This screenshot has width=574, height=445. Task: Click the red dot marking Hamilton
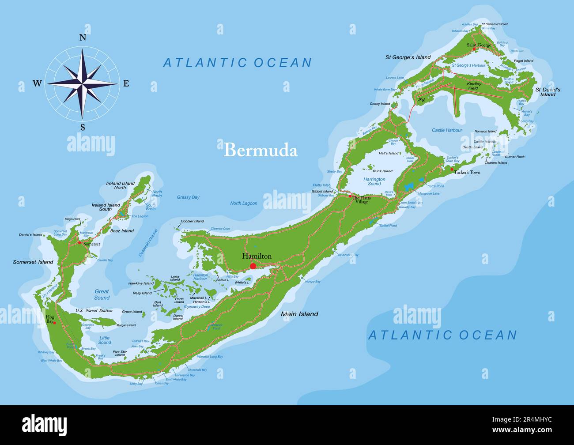click(x=253, y=266)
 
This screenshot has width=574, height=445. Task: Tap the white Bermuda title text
click(x=261, y=150)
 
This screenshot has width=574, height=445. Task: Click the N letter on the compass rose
click(x=83, y=38)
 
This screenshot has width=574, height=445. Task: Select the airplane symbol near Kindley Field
click(x=422, y=100)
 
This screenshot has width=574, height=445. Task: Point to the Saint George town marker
click(x=474, y=49)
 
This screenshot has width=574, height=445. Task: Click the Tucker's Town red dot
click(x=452, y=169)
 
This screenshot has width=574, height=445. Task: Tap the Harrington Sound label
click(x=374, y=181)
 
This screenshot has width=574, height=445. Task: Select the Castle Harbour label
click(x=447, y=130)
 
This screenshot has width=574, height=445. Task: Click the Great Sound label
click(x=102, y=294)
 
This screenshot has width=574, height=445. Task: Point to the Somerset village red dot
click(x=79, y=243)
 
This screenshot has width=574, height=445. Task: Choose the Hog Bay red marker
click(x=55, y=323)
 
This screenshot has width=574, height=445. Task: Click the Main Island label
click(x=300, y=314)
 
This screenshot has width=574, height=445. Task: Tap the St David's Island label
click(x=548, y=92)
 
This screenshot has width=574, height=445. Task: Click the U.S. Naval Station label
click(x=94, y=311)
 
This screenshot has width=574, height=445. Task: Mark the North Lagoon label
click(x=243, y=203)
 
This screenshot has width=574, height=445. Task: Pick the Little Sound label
click(x=105, y=340)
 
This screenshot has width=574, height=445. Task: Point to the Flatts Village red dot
click(x=350, y=196)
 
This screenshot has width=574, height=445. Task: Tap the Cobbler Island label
click(x=192, y=221)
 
